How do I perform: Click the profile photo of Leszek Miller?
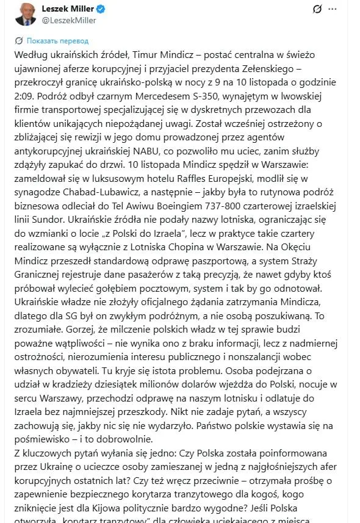(25, 14)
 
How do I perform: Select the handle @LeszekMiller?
(68, 20)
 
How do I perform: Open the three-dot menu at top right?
(332, 9)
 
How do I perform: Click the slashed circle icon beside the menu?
(317, 9)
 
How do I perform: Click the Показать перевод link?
(57, 41)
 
